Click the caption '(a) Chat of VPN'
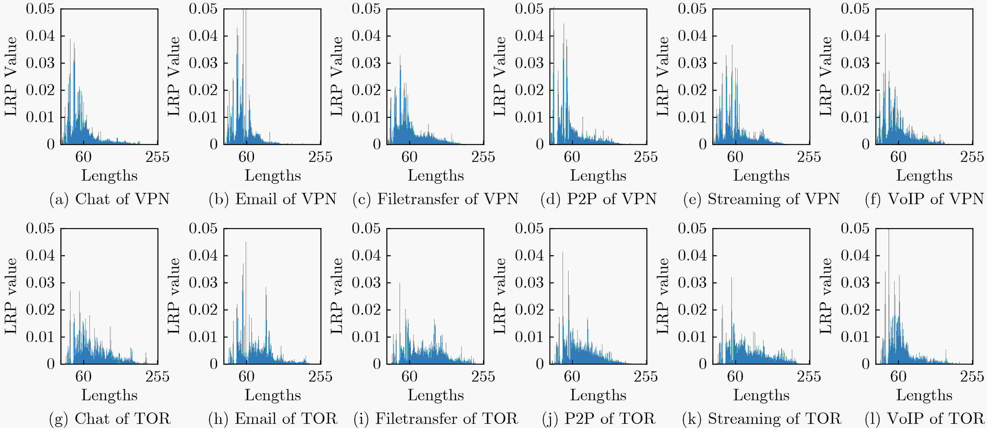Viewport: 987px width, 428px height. [110, 199]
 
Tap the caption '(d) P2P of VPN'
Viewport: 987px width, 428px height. [598, 199]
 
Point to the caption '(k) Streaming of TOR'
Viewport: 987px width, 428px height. [762, 418]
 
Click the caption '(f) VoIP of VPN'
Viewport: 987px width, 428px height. [924, 199]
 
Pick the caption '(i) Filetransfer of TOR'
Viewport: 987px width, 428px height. [436, 418]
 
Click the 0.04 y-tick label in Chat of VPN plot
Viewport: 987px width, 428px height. [40, 36]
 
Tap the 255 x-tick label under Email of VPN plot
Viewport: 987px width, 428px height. [320, 157]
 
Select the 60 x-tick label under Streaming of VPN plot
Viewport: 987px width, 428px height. [735, 157]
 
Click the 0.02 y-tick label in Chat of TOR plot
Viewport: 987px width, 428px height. [40, 310]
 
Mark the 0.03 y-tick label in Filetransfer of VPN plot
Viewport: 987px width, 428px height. [366, 63]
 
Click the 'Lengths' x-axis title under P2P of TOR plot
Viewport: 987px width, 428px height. [598, 395]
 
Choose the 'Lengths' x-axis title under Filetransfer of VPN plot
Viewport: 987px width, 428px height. [436, 175]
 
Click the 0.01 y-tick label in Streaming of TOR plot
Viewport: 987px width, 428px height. [692, 337]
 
